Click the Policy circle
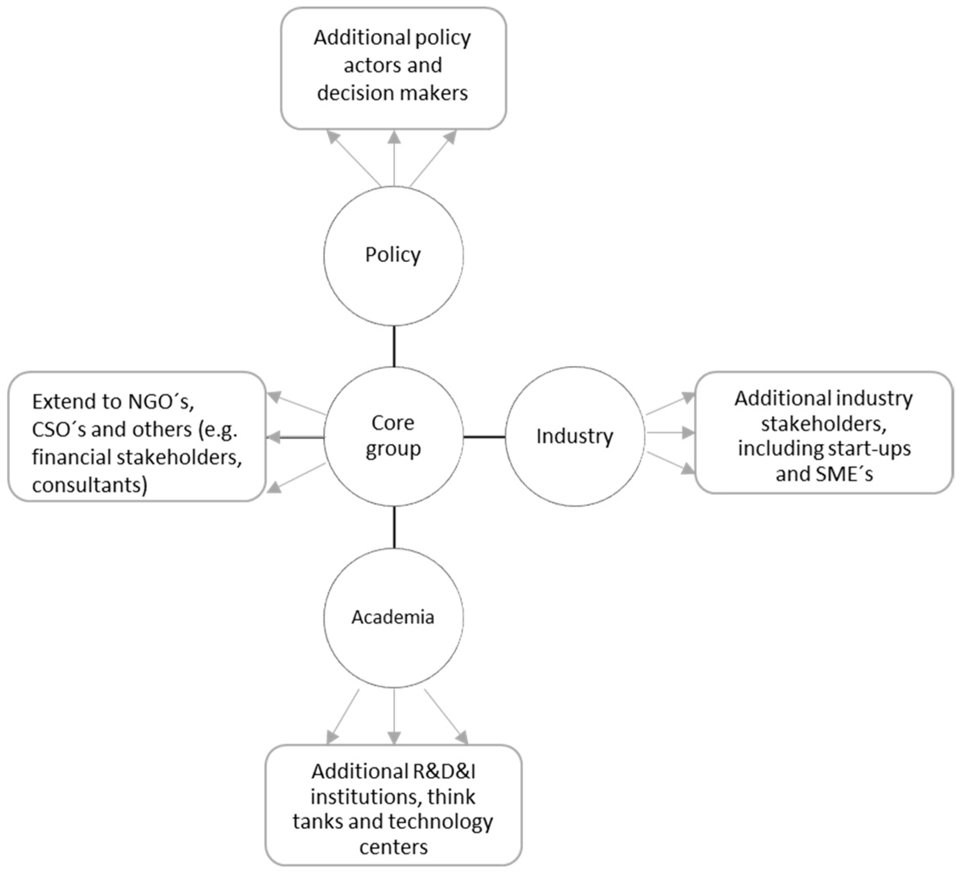click(x=393, y=256)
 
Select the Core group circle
click(x=393, y=436)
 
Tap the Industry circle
click(x=574, y=436)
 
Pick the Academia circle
click(x=393, y=617)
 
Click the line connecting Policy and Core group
click(x=394, y=346)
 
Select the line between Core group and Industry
click(x=484, y=437)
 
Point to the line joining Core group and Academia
click(x=394, y=527)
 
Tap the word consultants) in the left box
click(x=90, y=485)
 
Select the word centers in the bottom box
click(x=393, y=847)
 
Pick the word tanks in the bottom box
click(x=318, y=822)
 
